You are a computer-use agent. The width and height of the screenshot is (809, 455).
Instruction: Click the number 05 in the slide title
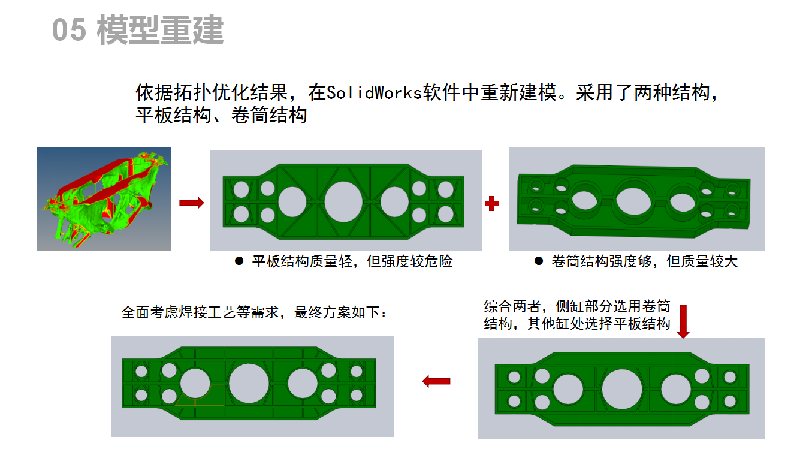tap(69, 30)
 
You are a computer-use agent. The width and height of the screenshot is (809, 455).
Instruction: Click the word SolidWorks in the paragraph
tap(375, 94)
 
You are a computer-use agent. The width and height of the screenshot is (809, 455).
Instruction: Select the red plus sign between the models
tap(492, 203)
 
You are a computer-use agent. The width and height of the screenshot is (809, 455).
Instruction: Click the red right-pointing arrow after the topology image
tap(191, 203)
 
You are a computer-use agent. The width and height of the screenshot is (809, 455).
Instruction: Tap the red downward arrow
tap(683, 321)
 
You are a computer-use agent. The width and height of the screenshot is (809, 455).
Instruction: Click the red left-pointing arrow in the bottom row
tap(436, 381)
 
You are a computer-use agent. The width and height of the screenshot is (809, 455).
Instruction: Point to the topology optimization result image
tap(104, 199)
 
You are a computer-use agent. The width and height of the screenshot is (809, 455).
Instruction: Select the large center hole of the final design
tap(249, 383)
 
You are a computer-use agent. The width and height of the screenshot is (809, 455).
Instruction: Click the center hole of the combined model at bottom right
tap(622, 388)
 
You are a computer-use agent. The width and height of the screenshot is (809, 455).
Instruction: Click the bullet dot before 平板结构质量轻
tap(239, 261)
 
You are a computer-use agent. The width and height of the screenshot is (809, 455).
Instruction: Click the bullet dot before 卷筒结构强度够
tap(539, 261)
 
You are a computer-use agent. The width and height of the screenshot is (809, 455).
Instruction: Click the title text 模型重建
tap(160, 30)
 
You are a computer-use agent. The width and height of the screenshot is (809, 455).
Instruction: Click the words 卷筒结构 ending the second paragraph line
tap(269, 115)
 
